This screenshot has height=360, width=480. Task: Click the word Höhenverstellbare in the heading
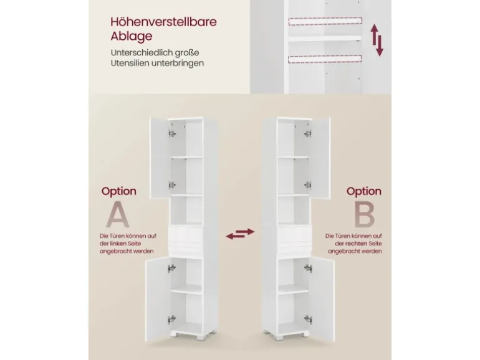(163, 22)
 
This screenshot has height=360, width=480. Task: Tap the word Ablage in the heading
(132, 36)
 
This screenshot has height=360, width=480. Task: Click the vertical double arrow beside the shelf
(377, 40)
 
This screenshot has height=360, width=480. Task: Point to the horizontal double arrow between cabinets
(240, 234)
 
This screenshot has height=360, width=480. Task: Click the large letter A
(118, 214)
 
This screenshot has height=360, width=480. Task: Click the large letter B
(364, 214)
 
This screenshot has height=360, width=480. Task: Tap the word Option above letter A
(119, 191)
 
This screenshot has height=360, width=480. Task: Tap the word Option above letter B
(364, 191)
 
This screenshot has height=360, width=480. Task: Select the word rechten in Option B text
(357, 244)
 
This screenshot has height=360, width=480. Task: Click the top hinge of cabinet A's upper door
(172, 133)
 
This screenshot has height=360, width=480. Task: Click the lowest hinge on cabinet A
(171, 320)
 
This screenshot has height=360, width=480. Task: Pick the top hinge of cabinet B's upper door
(308, 133)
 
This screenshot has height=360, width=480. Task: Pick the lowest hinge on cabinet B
(308, 320)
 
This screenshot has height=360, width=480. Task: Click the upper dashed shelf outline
(325, 21)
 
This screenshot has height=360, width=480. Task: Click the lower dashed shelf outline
(325, 59)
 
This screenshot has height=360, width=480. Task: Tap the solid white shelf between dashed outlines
(325, 39)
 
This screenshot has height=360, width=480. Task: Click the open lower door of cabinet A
(158, 300)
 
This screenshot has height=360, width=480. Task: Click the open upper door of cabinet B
(320, 158)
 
